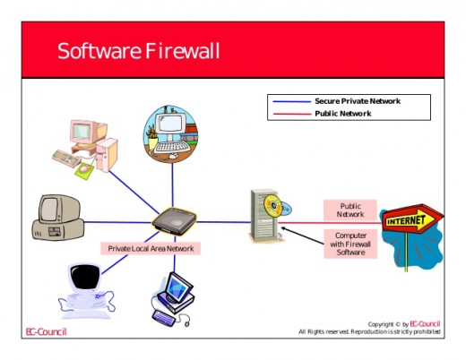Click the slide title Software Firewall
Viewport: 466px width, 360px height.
point(139,51)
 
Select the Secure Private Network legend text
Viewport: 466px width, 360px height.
point(358,101)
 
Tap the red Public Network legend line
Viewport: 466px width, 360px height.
point(292,114)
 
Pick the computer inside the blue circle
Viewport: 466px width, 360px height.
point(170,134)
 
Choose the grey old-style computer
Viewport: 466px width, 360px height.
point(58,218)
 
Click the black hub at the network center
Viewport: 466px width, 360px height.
point(174,221)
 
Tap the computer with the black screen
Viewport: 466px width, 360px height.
point(86,291)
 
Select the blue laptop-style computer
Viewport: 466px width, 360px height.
point(173,299)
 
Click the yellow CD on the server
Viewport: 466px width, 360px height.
point(272,205)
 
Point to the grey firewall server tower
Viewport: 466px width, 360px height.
point(263,215)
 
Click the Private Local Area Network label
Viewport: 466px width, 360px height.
point(151,248)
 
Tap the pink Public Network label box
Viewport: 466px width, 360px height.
point(350,210)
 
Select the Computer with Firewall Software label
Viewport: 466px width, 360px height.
point(350,244)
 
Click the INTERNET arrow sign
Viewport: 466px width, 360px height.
point(412,219)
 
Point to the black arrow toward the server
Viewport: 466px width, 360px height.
point(302,236)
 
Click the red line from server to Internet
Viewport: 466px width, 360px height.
point(330,223)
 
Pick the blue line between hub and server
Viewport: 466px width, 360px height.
point(223,222)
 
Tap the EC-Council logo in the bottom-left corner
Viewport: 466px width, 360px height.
point(47,332)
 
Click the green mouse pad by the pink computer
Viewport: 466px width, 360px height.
point(84,171)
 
